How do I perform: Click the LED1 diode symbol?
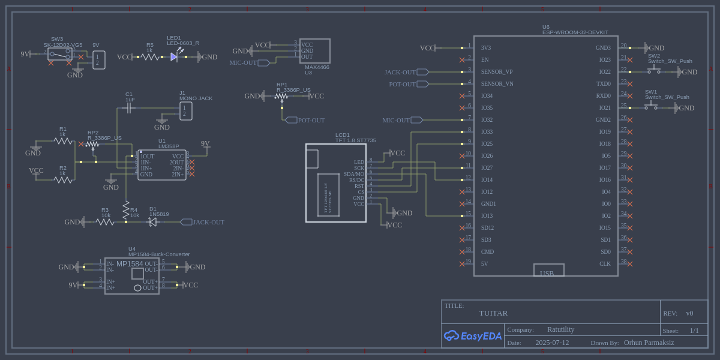174,57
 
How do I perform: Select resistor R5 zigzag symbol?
150,57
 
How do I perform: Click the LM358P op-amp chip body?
162,165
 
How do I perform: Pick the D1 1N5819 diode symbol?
152,222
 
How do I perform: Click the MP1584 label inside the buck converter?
130,264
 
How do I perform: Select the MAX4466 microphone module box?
315,51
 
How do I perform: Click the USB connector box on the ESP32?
549,270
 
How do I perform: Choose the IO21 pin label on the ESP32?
604,108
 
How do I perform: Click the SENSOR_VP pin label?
497,72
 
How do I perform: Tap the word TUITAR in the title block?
493,313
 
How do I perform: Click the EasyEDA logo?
472,336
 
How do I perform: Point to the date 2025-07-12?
552,343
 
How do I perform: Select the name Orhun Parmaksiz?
649,343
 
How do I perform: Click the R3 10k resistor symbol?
105,222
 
